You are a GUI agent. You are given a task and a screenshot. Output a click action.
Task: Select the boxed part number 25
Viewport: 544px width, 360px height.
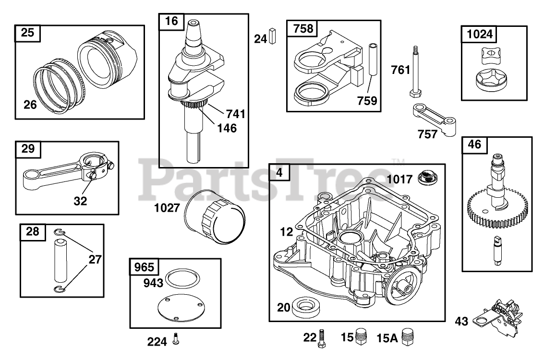(28, 33)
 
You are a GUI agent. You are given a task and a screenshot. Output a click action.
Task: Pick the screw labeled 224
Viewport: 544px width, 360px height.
(176, 339)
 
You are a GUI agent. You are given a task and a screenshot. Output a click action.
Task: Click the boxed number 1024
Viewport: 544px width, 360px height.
(479, 34)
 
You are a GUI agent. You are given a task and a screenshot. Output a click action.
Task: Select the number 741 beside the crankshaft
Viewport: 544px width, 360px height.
(236, 114)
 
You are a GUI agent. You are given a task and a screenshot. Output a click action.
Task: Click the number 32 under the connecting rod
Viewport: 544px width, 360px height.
(80, 201)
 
